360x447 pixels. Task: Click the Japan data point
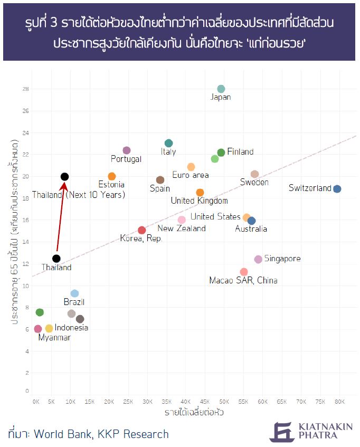click(x=221, y=89)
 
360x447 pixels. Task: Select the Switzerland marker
click(x=337, y=189)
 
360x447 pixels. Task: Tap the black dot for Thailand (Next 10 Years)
click(x=64, y=177)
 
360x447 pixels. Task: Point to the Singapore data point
click(x=258, y=259)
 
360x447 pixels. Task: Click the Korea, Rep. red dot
click(x=141, y=230)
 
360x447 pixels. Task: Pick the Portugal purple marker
click(x=127, y=150)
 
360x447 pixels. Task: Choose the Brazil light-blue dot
click(x=74, y=293)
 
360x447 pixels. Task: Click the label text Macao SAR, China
click(x=243, y=280)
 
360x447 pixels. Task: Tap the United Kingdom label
click(x=199, y=201)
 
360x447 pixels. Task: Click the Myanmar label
click(x=54, y=338)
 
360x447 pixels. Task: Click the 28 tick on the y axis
click(x=25, y=89)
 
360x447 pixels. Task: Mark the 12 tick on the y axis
click(x=25, y=264)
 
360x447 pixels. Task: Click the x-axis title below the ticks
click(x=194, y=412)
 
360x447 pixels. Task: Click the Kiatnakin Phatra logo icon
click(x=280, y=431)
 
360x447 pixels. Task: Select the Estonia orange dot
click(x=112, y=176)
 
